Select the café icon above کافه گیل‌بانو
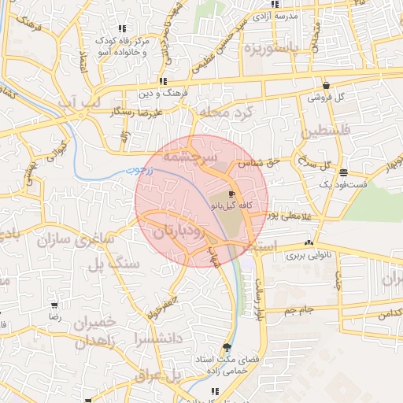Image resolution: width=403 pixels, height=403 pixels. (x=231, y=194)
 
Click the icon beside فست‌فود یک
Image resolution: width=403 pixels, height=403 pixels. (x=343, y=172)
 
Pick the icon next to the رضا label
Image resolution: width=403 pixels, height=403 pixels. (x=54, y=305)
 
